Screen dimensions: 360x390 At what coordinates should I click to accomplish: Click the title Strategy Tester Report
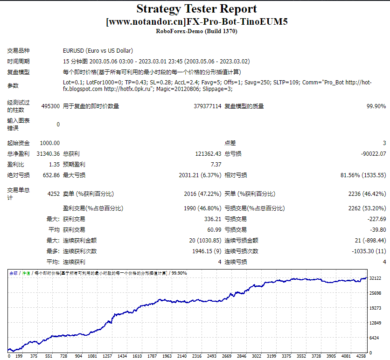click(196, 9)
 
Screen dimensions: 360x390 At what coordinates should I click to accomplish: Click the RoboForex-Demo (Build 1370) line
click(196, 31)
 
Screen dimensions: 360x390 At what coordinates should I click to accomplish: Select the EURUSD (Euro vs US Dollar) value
click(98, 50)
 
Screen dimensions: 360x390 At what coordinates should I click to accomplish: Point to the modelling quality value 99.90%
click(376, 106)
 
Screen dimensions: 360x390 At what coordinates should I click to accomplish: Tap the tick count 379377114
click(207, 106)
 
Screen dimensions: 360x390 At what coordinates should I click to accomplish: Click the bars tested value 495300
click(50, 106)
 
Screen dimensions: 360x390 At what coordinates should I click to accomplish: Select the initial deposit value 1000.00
click(50, 143)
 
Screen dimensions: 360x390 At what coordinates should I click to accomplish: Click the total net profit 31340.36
click(48, 154)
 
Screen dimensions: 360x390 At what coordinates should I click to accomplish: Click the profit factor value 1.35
click(54, 165)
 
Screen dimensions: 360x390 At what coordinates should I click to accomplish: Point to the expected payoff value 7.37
click(216, 165)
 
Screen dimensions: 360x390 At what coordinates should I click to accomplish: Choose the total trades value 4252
click(54, 194)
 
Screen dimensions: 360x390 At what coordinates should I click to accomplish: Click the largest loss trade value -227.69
click(376, 219)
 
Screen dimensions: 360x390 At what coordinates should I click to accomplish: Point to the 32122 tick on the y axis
click(376, 278)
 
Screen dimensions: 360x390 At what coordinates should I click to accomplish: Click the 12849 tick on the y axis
click(376, 323)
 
